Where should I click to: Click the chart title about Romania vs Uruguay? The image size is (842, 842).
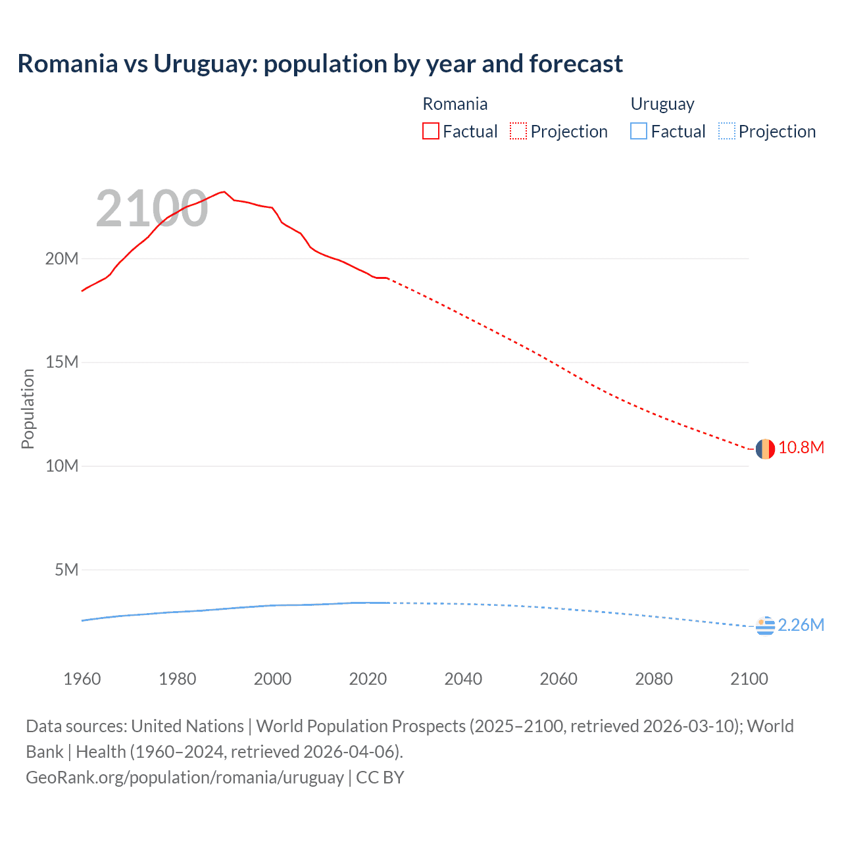(320, 64)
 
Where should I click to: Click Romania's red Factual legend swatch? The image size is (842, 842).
(430, 131)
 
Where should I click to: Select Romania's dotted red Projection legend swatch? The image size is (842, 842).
(518, 131)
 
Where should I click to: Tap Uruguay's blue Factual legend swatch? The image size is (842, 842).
(639, 131)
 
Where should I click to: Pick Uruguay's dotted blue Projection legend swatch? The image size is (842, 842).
(727, 131)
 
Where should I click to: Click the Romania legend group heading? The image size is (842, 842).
(455, 104)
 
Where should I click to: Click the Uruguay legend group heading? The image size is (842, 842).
(662, 104)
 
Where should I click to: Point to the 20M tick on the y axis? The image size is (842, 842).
(62, 259)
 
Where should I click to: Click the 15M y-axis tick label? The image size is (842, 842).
(62, 362)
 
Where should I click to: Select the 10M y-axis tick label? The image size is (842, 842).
(62, 466)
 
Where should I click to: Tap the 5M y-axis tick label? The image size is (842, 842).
(66, 570)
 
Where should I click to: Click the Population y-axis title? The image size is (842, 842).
(28, 409)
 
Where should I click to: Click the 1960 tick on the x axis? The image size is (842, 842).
(82, 679)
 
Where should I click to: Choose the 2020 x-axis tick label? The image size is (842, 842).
(368, 679)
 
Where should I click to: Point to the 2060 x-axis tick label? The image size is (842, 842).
(558, 679)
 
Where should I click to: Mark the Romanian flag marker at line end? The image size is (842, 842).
(765, 449)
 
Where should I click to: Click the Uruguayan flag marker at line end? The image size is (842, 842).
(765, 626)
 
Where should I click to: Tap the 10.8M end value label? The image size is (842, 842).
(801, 448)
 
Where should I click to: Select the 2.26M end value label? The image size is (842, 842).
(801, 625)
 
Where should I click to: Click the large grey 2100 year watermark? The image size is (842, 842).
(152, 209)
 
